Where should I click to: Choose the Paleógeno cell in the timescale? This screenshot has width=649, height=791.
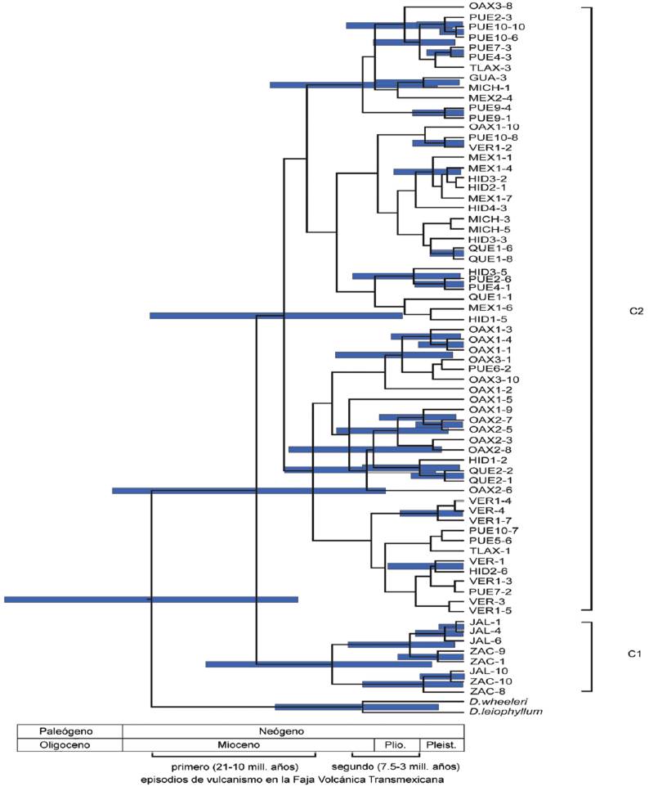point(70,730)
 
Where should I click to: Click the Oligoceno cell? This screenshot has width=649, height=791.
point(70,745)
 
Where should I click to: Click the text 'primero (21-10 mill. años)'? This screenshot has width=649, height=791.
point(235,766)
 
